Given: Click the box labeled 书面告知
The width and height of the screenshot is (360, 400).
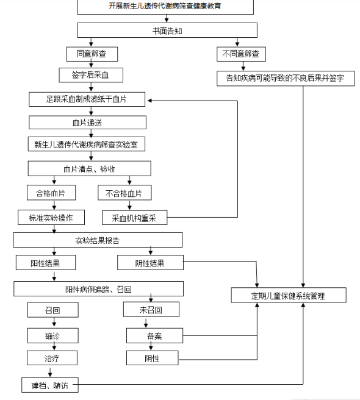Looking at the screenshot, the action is click(167, 30).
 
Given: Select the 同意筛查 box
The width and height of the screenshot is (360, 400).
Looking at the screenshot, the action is click(92, 54).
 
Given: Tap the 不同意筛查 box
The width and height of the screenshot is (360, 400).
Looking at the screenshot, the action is click(241, 54).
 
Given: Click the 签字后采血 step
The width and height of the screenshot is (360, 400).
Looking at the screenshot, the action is click(91, 75).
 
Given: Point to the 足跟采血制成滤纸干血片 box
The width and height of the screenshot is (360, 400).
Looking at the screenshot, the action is click(87, 99).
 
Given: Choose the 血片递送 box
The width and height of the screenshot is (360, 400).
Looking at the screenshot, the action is click(87, 123).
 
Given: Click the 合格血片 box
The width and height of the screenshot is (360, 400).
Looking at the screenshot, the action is click(51, 193).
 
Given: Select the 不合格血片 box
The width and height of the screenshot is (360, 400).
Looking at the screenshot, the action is click(124, 193).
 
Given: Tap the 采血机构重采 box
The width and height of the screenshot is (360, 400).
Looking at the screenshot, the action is click(135, 217).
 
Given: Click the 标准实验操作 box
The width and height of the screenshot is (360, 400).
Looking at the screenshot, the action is click(51, 217).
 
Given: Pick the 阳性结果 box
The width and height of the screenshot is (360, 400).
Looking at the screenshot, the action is click(46, 262).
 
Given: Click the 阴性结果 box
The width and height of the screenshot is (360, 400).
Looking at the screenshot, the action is click(150, 262).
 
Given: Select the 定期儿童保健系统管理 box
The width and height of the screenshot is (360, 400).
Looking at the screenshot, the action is click(289, 295).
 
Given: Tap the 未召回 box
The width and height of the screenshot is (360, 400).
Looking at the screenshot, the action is click(151, 309).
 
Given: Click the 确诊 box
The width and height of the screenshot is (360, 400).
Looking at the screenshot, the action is click(53, 336).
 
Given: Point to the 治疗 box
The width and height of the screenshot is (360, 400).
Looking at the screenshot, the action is click(52, 358).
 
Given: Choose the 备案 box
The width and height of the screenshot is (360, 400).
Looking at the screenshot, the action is click(154, 336).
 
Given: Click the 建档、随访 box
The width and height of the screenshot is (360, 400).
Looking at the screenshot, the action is click(50, 385).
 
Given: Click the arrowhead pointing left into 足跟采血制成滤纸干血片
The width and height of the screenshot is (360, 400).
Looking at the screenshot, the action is click(150, 101).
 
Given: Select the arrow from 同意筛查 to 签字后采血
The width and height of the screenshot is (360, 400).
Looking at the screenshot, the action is click(91, 65).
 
